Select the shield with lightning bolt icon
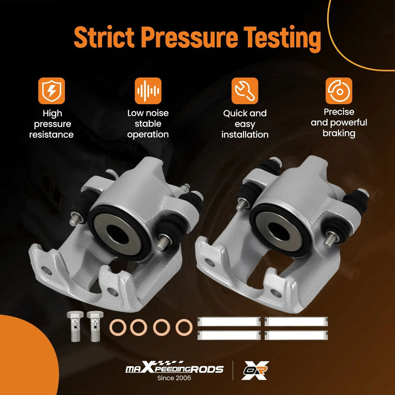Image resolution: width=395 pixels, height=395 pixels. [52, 91]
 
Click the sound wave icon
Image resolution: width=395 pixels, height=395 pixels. [148, 91]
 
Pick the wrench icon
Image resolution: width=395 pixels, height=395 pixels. [245, 91]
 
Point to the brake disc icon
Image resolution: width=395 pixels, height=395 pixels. [339, 91]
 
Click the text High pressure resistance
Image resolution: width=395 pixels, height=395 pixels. [52, 124]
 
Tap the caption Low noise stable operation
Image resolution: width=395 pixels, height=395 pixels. [148, 124]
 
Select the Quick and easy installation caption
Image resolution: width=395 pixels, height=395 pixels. [245, 124]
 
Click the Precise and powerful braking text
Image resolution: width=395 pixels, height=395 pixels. [339, 123]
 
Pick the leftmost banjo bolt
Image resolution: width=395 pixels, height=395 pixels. [75, 326]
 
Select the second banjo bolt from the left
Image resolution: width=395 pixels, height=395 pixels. [95, 326]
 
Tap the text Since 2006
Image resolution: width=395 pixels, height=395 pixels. [174, 378]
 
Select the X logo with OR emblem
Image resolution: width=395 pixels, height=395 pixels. [255, 370]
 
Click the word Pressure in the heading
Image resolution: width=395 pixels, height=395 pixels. [189, 37]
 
